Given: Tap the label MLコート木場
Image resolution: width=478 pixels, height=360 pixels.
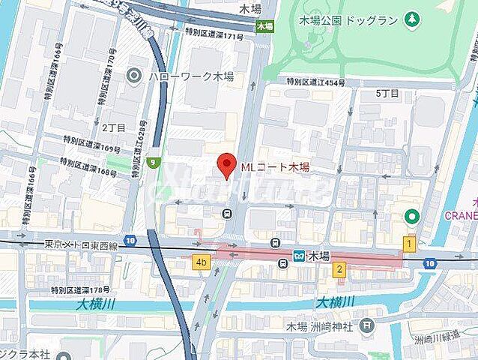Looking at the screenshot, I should point(274,167).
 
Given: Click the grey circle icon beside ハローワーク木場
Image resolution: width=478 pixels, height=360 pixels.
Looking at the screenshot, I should point(134,75).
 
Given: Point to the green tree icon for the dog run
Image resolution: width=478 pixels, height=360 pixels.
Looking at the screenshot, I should point(411,17).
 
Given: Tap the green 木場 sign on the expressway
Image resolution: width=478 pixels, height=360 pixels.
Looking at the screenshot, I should point(264,25).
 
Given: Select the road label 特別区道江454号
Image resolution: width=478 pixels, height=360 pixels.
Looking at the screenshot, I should point(315,82).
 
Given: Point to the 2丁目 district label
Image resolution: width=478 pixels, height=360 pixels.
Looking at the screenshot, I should point(113,127).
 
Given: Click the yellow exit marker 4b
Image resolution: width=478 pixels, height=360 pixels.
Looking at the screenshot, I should point(200,262).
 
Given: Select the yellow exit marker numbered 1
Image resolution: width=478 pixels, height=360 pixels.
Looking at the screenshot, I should point(409,243).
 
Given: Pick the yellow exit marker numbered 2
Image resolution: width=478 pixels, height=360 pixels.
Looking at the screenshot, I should point(339,270).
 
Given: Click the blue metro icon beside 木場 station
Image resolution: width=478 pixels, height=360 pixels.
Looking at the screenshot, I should point(299,256).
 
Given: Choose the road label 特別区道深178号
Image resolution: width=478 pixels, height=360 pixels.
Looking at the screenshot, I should point(81,289).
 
